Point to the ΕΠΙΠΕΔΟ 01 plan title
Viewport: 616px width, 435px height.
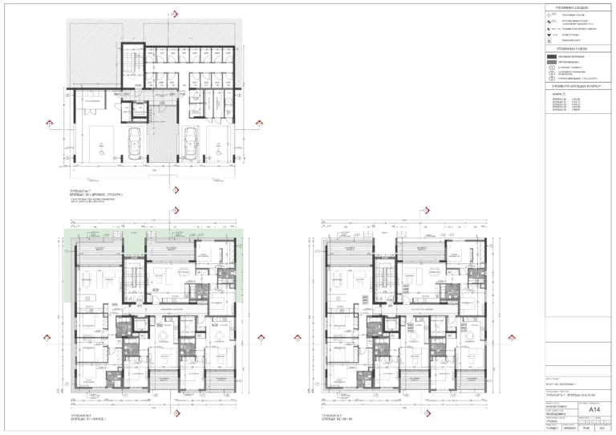coord(87,419)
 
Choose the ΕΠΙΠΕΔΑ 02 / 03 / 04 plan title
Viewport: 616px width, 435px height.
coord(338,419)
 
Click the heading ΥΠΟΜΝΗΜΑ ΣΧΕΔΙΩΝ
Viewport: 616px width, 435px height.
coord(573,6)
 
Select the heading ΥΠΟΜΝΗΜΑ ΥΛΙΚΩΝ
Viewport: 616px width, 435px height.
coord(573,50)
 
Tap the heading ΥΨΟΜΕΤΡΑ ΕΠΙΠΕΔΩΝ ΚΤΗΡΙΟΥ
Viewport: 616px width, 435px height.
coord(573,83)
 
